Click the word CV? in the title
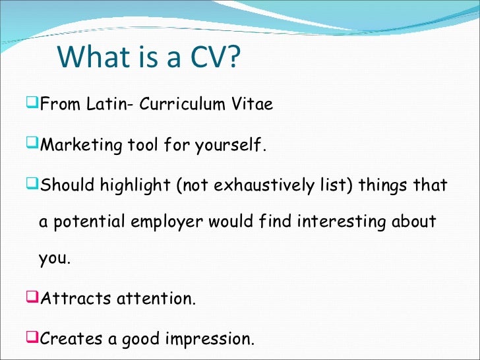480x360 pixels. coord(210,57)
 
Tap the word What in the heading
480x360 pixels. coord(92,57)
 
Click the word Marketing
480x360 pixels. coord(79,144)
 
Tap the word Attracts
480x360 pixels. coord(75,298)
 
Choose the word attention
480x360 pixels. coord(156,298)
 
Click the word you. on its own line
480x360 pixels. coord(53,258)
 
